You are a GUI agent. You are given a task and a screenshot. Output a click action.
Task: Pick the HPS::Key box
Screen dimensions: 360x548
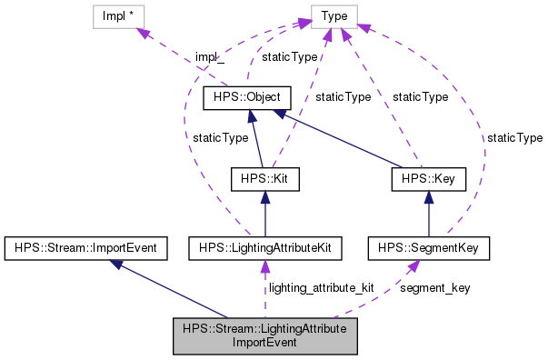pyautogui.click(x=429, y=179)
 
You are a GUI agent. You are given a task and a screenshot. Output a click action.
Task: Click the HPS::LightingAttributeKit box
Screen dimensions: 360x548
pyautogui.click(x=264, y=247)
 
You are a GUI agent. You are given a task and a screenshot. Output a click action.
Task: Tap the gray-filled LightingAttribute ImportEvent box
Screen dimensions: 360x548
pyautogui.click(x=264, y=336)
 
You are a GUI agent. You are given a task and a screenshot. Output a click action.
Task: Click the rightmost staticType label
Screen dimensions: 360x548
pyautogui.click(x=514, y=137)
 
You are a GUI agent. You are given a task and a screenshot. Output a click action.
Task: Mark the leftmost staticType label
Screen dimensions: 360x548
pyautogui.click(x=221, y=137)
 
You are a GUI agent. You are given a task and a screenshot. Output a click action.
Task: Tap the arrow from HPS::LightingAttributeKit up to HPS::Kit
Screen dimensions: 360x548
pyautogui.click(x=264, y=214)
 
